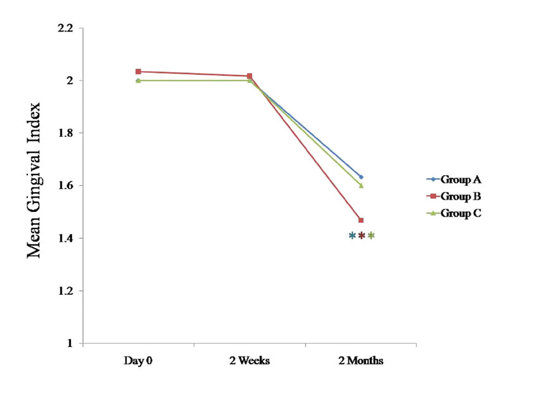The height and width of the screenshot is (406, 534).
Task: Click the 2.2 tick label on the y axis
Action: pyautogui.click(x=66, y=29)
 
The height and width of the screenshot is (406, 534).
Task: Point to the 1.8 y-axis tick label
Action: pyautogui.click(x=66, y=133)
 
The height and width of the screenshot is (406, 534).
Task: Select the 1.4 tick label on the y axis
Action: pyautogui.click(x=66, y=239)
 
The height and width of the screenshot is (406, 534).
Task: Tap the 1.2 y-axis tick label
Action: pyautogui.click(x=66, y=291)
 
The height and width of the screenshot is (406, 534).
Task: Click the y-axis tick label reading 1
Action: pyautogui.click(x=70, y=344)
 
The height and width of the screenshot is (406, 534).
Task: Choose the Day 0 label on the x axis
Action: pyautogui.click(x=138, y=361)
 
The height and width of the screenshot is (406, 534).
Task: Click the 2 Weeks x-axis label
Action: pyautogui.click(x=250, y=361)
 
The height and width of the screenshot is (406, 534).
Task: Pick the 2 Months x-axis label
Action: pyautogui.click(x=360, y=361)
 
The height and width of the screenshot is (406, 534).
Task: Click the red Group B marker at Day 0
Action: pyautogui.click(x=138, y=72)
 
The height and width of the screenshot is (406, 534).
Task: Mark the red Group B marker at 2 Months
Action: pyautogui.click(x=361, y=220)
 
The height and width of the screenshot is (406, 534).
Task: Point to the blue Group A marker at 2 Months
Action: pyautogui.click(x=361, y=177)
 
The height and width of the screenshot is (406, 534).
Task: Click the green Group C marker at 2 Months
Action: pyautogui.click(x=361, y=185)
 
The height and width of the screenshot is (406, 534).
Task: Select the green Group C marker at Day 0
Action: pyautogui.click(x=138, y=81)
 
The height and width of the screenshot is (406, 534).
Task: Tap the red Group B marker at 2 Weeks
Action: pyautogui.click(x=250, y=76)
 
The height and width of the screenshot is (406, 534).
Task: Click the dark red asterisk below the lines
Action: pyautogui.click(x=362, y=235)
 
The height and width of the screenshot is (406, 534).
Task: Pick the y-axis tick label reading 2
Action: pyautogui.click(x=70, y=81)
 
